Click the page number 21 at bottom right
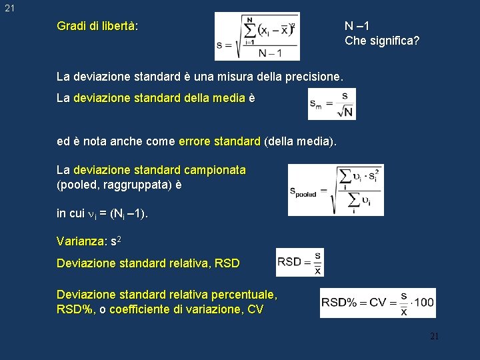tap(434, 336)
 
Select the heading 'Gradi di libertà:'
tap(97, 26)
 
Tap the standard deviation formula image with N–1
tap(257, 36)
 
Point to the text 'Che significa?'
tap(382, 41)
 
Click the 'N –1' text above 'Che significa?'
tap(357, 26)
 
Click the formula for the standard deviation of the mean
tap(331, 104)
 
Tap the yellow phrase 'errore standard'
tap(220, 141)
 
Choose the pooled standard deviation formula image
tap(335, 190)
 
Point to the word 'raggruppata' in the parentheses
tap(134, 185)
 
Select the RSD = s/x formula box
tap(299, 262)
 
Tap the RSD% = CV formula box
tap(377, 303)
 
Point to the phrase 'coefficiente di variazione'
tap(176, 309)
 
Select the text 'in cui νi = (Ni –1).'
tap(103, 213)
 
